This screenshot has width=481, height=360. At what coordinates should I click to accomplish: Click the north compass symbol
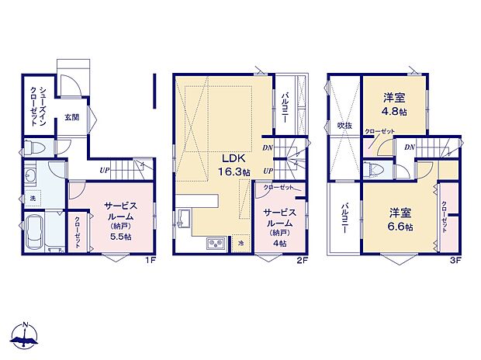26,335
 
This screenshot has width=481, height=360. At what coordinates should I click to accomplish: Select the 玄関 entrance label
72,117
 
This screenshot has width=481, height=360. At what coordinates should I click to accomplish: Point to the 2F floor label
303,261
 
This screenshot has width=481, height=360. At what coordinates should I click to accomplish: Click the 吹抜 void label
344,124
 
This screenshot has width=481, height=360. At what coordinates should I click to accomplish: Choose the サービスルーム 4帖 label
279,226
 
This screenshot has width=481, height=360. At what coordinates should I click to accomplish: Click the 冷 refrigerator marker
240,244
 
